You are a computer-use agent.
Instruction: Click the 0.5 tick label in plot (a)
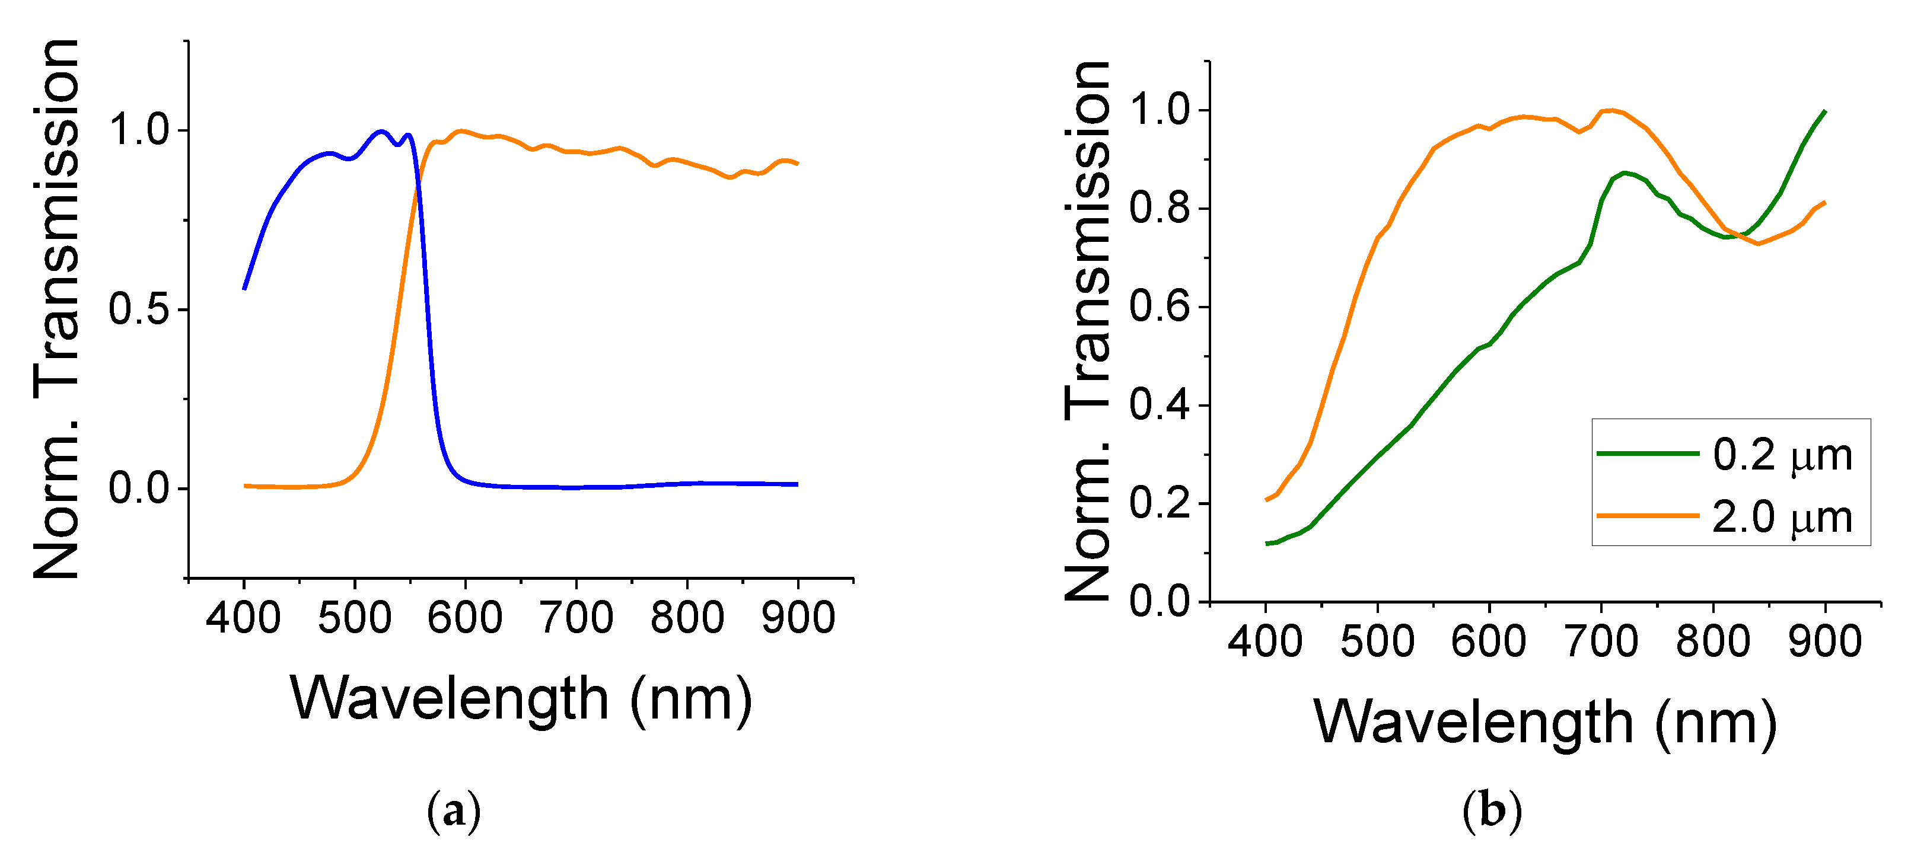pyautogui.click(x=139, y=309)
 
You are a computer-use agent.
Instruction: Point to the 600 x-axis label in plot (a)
pyautogui.click(x=464, y=617)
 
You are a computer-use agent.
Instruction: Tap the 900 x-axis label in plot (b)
pyautogui.click(x=1824, y=641)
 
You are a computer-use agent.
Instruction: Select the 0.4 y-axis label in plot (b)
pyautogui.click(x=1160, y=406)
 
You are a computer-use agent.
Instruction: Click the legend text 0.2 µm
pyautogui.click(x=1782, y=455)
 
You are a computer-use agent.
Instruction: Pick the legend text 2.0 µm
pyautogui.click(x=1782, y=517)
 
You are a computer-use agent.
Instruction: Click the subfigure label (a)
pyautogui.click(x=454, y=812)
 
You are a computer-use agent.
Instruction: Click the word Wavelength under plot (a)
pyautogui.click(x=450, y=699)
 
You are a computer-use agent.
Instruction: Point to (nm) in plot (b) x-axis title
pyautogui.click(x=1715, y=723)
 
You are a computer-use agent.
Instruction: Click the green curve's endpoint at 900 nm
pyautogui.click(x=1824, y=112)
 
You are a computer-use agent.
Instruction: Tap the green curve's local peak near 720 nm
pyautogui.click(x=1624, y=173)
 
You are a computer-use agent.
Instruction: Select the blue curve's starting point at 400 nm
pyautogui.click(x=245, y=289)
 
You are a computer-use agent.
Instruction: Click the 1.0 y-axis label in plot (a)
pyautogui.click(x=139, y=130)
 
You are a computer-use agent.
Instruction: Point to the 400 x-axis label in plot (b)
pyautogui.click(x=1265, y=641)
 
